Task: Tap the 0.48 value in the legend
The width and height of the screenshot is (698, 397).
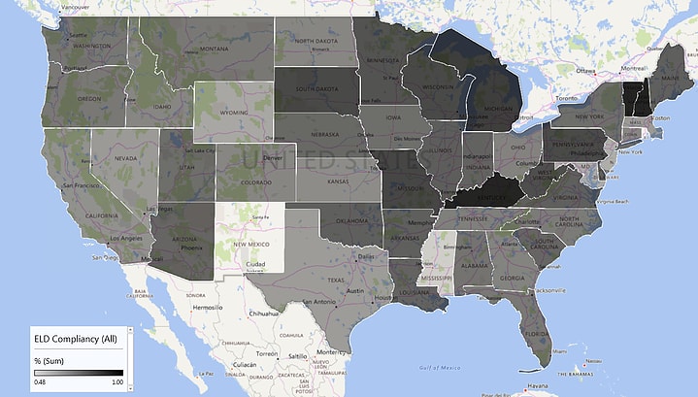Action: (40, 382)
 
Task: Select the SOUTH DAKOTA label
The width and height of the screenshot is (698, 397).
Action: (315, 89)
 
